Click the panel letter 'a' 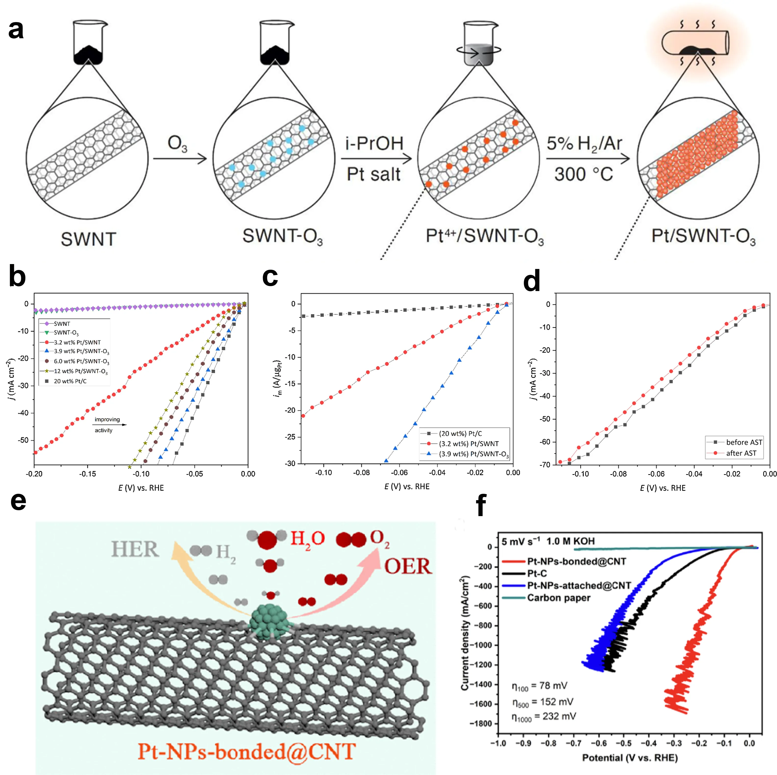(16, 30)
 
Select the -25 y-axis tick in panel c (290, 437)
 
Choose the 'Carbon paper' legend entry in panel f (559, 598)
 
